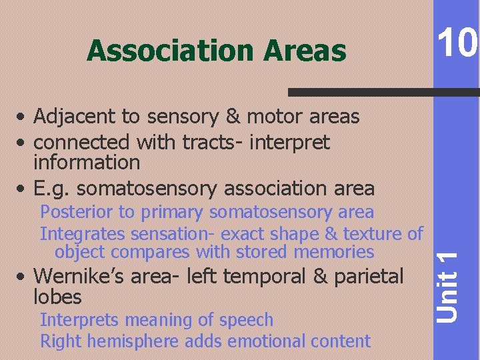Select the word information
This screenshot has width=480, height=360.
pos(87,162)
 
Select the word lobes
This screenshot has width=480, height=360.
pos(57,296)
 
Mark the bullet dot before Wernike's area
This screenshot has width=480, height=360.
pos(23,277)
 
